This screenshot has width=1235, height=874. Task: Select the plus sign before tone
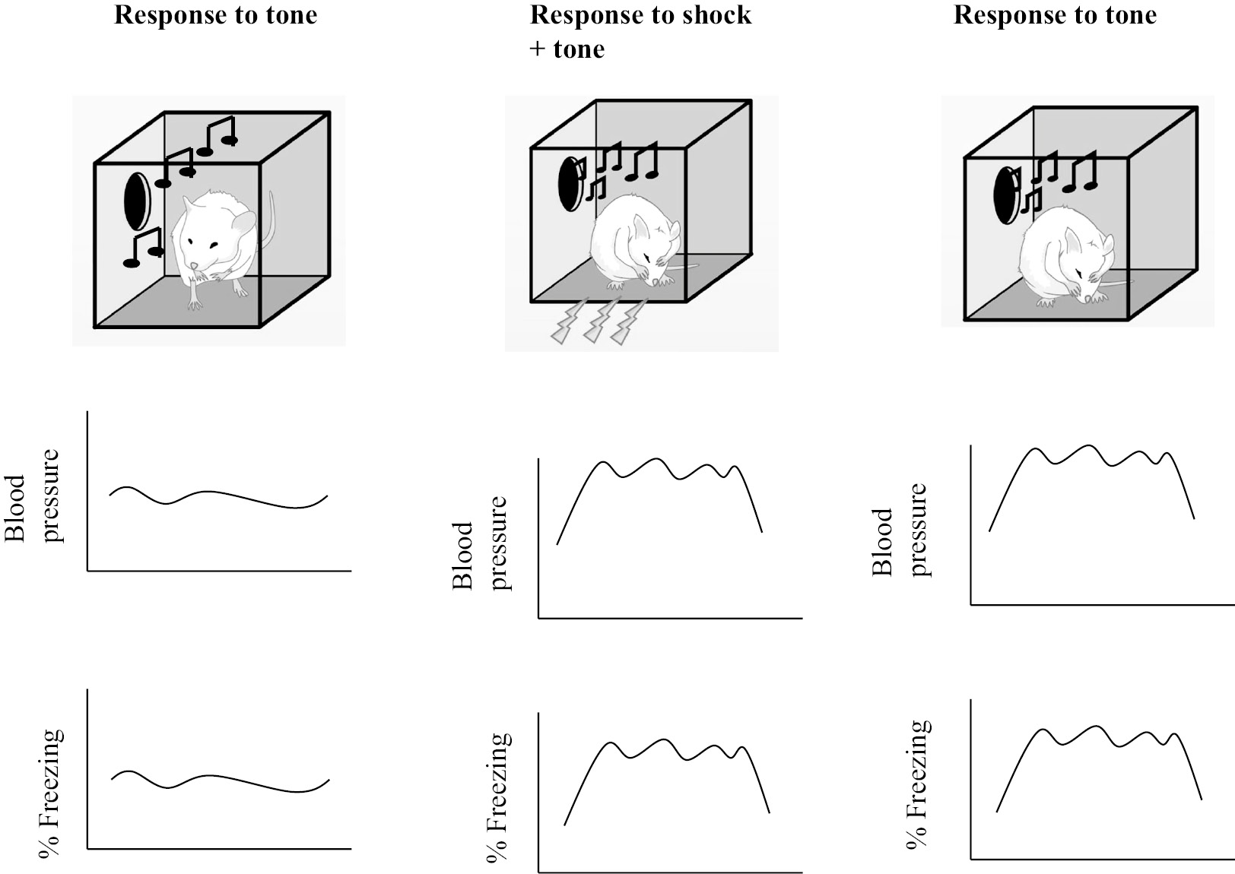(537, 49)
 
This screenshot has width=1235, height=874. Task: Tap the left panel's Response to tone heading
(215, 15)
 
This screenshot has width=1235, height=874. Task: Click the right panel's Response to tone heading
(1055, 15)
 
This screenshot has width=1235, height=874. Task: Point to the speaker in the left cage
(137, 201)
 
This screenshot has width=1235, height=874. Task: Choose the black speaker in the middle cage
(570, 183)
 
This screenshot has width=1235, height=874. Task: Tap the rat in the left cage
(213, 243)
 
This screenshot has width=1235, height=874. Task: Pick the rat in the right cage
(1065, 258)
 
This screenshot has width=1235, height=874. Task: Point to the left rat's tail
(268, 220)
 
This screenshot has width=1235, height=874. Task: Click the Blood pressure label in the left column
(33, 496)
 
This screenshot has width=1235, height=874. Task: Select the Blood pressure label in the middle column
(480, 543)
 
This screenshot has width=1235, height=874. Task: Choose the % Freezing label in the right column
(918, 783)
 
